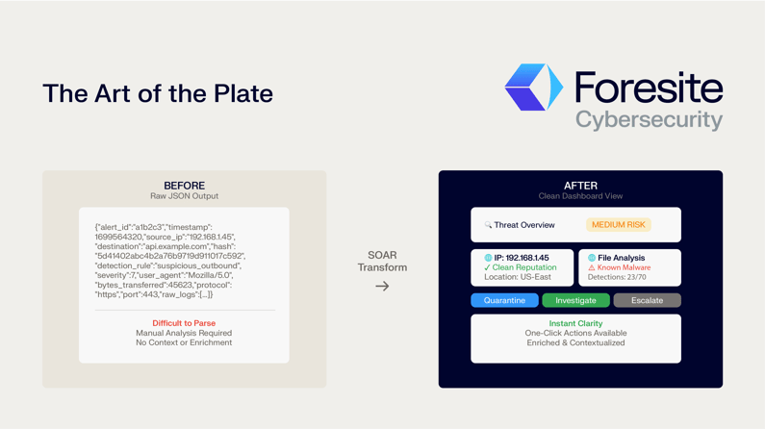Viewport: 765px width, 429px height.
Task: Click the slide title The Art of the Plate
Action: (158, 93)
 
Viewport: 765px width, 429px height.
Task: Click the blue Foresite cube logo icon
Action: (533, 88)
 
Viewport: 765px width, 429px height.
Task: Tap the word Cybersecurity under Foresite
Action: (649, 120)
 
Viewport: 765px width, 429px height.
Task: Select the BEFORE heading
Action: (184, 186)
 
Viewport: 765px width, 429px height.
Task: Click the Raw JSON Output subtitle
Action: (184, 196)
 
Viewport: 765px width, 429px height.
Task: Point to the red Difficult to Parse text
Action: (184, 323)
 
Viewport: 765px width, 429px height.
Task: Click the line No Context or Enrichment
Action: (184, 342)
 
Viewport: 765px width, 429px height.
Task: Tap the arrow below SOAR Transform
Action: (382, 286)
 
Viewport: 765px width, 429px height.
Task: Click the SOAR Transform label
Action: (382, 262)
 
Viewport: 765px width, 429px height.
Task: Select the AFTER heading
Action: (580, 186)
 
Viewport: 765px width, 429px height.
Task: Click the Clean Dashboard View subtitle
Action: (580, 196)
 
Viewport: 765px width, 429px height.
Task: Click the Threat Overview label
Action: (523, 225)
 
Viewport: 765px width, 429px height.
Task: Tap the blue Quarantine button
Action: (504, 300)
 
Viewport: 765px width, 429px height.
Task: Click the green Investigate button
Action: (575, 300)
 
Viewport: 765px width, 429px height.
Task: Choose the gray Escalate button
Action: (647, 300)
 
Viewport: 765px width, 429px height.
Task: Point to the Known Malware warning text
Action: (624, 267)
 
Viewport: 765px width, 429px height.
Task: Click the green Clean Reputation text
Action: (524, 267)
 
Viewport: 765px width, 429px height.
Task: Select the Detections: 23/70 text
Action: (617, 277)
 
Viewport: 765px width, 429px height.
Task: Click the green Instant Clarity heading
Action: (575, 323)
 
